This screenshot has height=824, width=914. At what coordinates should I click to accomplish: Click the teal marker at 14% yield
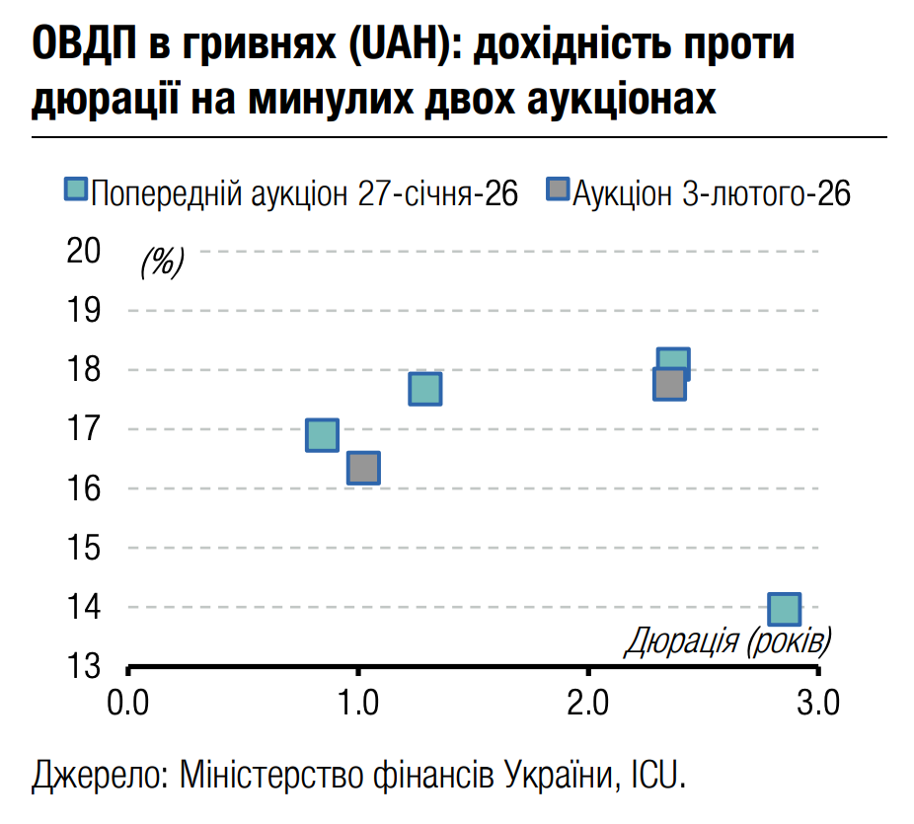(x=784, y=609)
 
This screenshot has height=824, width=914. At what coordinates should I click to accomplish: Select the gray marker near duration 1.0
(x=363, y=468)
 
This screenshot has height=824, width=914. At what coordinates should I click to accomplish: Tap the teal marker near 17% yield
(x=322, y=434)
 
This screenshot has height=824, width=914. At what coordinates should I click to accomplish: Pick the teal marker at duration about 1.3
(x=424, y=389)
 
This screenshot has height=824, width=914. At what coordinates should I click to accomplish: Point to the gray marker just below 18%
(x=669, y=384)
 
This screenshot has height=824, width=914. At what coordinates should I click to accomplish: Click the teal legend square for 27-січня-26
(x=76, y=190)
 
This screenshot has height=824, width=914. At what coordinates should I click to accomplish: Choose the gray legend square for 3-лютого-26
(x=559, y=190)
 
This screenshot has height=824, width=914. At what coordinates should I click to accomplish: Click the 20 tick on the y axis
(x=84, y=251)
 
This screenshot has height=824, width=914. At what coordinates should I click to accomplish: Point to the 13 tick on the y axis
(x=84, y=666)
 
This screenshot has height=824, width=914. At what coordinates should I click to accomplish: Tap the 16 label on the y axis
(x=84, y=488)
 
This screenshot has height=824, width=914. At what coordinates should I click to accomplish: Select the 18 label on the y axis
(x=84, y=370)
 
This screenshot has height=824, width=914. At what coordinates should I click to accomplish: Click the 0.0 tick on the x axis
(x=128, y=703)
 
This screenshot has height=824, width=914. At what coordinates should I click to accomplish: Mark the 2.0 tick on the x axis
(x=588, y=703)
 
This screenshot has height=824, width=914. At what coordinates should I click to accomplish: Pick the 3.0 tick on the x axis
(x=817, y=703)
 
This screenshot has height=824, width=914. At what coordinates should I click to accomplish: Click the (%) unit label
(x=162, y=262)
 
